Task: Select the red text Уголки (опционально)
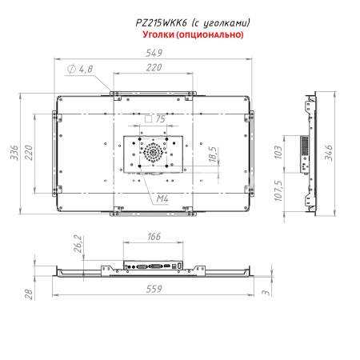tap(192, 36)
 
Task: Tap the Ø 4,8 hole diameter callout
tap(80, 70)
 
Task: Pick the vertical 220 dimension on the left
tap(30, 151)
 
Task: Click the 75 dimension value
tap(160, 118)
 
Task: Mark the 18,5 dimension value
tap(212, 154)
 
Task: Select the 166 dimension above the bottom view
tap(155, 237)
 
